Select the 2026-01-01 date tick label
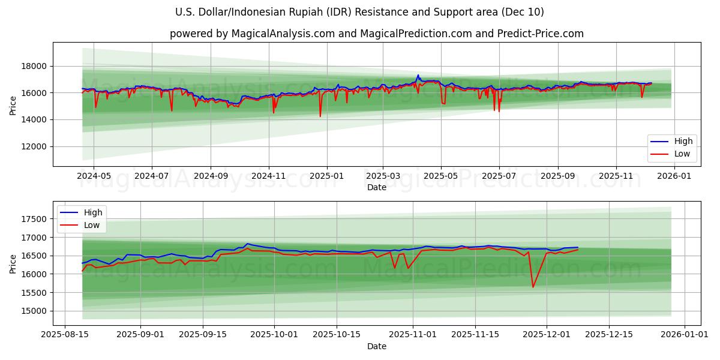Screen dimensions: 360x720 684,334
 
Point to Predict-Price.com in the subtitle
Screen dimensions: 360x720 540,34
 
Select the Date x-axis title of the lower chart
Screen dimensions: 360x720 377,346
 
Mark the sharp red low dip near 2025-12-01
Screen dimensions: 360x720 533,287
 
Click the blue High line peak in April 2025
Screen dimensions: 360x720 418,75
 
